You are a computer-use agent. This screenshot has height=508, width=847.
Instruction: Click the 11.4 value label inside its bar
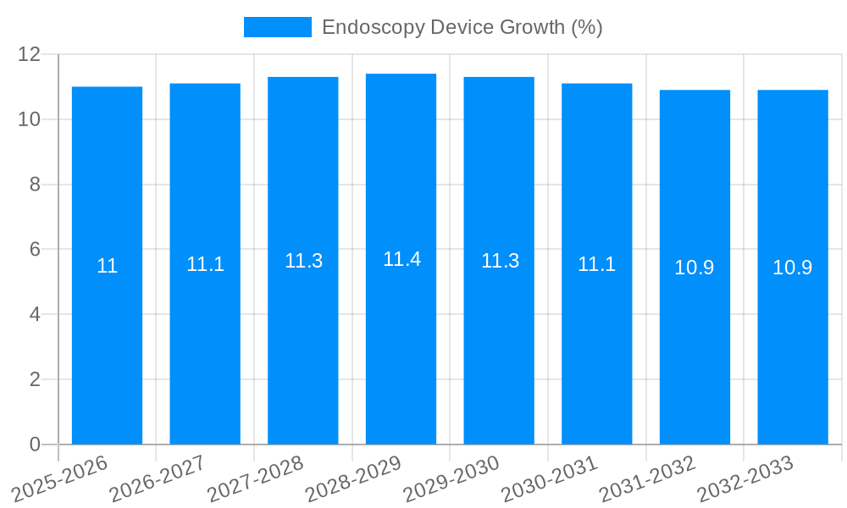pos(401,259)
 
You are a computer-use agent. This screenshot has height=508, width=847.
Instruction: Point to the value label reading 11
pos(107,266)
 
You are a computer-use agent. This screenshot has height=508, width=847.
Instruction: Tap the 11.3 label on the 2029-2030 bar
pos(500,261)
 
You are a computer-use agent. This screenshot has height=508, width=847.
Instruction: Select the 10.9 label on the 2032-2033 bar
pos(792,268)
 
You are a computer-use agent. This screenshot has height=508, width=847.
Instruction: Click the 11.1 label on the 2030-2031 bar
pos(596,264)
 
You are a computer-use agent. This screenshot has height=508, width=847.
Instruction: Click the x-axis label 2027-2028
pos(254,478)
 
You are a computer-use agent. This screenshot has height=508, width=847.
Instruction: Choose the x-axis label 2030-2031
pos(548,478)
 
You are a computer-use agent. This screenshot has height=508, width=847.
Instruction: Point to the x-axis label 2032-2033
pos(744,478)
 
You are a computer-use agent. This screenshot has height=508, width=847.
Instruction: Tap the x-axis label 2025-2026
pos(59,478)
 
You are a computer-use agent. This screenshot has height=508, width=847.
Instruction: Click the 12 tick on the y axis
pos(30,54)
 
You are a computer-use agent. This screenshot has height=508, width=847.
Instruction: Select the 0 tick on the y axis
pos(35,444)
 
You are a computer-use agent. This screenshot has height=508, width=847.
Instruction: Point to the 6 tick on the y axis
pos(35,250)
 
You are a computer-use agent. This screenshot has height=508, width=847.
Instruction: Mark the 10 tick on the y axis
pos(30,119)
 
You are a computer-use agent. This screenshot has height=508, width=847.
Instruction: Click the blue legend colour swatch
pos(277,27)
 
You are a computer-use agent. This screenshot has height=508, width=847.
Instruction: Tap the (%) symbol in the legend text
pos(586,27)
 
